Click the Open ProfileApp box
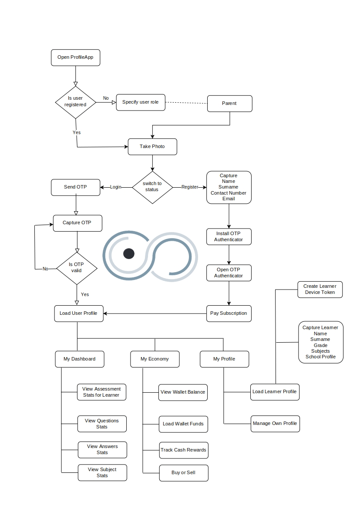coord(76,57)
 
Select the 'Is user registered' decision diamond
coord(76,102)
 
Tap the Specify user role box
coord(141,102)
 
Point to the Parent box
coord(230,104)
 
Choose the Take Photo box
coord(152,147)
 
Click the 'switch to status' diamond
coord(152,187)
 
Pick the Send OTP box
coord(76,187)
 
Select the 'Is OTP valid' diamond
coord(77,269)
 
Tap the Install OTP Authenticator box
coord(229,236)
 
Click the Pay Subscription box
coord(229,313)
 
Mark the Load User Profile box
coord(79,313)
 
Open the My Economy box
coord(155,359)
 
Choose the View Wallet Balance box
coord(183,392)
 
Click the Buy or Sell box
coord(184,473)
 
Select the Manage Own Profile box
coord(275,424)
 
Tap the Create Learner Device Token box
coord(320,290)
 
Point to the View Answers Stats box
coord(103,450)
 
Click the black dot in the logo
coord(129,253)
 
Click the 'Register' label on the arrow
coord(189,187)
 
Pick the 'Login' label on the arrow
coord(115,187)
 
